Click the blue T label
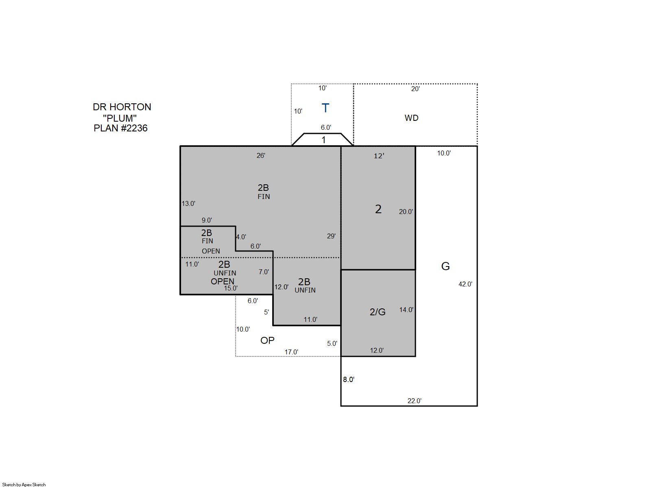(x=325, y=108)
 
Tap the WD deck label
(x=411, y=118)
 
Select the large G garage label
(x=445, y=266)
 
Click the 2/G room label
(x=377, y=312)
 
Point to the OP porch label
(x=267, y=340)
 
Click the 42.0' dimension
(x=465, y=284)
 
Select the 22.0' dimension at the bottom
(x=415, y=401)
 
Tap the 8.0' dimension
(x=349, y=380)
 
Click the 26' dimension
(x=261, y=155)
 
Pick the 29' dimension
(x=331, y=236)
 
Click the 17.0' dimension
(x=291, y=352)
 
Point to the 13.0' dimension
(x=188, y=204)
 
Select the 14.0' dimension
(x=406, y=310)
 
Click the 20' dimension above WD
(x=415, y=89)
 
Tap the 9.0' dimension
(x=207, y=220)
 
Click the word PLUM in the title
(x=120, y=118)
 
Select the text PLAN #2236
(x=121, y=128)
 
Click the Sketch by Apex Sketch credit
(x=24, y=485)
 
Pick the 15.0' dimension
(x=231, y=288)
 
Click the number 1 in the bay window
(x=324, y=140)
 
